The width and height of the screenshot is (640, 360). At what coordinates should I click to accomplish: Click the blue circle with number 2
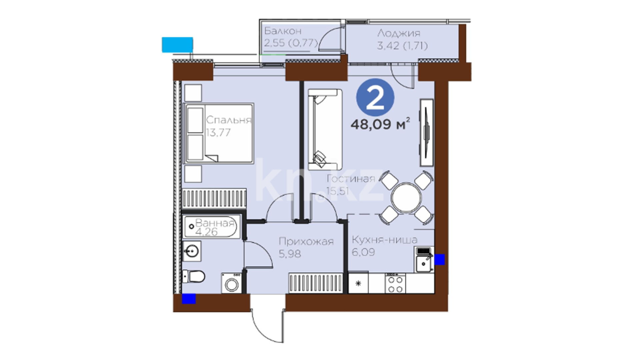tap(375, 98)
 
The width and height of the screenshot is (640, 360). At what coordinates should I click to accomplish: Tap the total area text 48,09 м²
tap(380, 124)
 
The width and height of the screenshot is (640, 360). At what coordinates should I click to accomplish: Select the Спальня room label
tap(228, 120)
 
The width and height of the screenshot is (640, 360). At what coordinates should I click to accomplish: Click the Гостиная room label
tap(351, 179)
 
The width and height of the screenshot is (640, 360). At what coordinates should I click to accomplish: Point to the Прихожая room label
tap(306, 241)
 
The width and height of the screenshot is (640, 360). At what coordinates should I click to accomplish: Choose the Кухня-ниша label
tap(384, 240)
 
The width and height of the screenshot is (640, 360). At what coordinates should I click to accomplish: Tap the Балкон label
tap(283, 31)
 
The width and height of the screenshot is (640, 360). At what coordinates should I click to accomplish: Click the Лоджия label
tap(399, 33)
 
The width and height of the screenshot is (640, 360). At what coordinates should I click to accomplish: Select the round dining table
tap(406, 198)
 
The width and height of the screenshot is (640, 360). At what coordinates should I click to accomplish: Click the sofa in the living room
tap(325, 129)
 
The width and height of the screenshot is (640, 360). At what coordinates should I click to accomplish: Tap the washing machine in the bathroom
tap(232, 283)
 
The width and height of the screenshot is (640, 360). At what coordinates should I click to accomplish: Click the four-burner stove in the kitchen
tap(395, 283)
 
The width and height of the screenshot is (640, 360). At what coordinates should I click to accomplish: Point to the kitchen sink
tap(424, 264)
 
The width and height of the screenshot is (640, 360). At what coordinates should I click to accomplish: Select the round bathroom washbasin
tap(191, 251)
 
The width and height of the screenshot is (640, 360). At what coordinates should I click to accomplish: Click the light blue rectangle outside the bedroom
tap(177, 45)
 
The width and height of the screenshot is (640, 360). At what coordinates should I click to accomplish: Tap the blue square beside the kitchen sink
tap(439, 259)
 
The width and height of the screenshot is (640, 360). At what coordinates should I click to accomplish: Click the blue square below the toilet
tap(189, 298)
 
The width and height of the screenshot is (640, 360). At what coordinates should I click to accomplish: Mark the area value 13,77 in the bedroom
tap(218, 133)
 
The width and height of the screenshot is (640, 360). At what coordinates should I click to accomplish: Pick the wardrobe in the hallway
tap(316, 283)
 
